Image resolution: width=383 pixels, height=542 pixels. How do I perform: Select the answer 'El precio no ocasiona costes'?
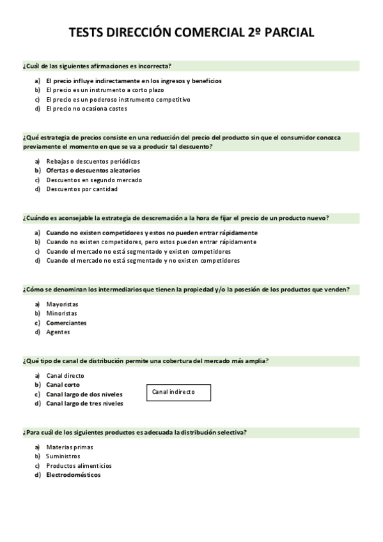[x=86, y=109]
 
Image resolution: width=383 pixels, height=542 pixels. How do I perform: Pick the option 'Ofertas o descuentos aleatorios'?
[x=93, y=171]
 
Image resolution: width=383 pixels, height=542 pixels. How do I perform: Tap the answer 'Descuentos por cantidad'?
[x=82, y=189]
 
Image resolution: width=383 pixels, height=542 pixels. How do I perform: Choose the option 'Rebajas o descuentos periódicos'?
[x=93, y=161]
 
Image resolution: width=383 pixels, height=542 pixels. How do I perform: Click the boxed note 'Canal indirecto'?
[x=179, y=392]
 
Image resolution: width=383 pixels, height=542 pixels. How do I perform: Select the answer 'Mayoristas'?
[x=62, y=304]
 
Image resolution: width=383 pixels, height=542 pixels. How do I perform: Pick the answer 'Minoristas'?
[x=61, y=313]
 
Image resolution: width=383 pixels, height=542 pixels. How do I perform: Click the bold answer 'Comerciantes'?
[x=66, y=323]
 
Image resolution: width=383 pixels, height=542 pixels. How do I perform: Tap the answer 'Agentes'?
[x=58, y=332]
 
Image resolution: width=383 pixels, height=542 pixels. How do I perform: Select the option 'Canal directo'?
[x=65, y=376]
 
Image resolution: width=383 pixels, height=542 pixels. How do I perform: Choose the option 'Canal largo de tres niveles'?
[x=85, y=403]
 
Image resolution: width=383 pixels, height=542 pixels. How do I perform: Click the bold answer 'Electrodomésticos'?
[x=73, y=475]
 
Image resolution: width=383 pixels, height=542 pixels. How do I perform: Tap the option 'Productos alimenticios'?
[x=79, y=465]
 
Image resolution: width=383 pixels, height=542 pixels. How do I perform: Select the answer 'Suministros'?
[x=63, y=456]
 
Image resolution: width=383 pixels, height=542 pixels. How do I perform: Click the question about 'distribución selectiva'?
[x=134, y=433]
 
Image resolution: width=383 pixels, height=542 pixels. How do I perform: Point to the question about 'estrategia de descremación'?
[x=176, y=218]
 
